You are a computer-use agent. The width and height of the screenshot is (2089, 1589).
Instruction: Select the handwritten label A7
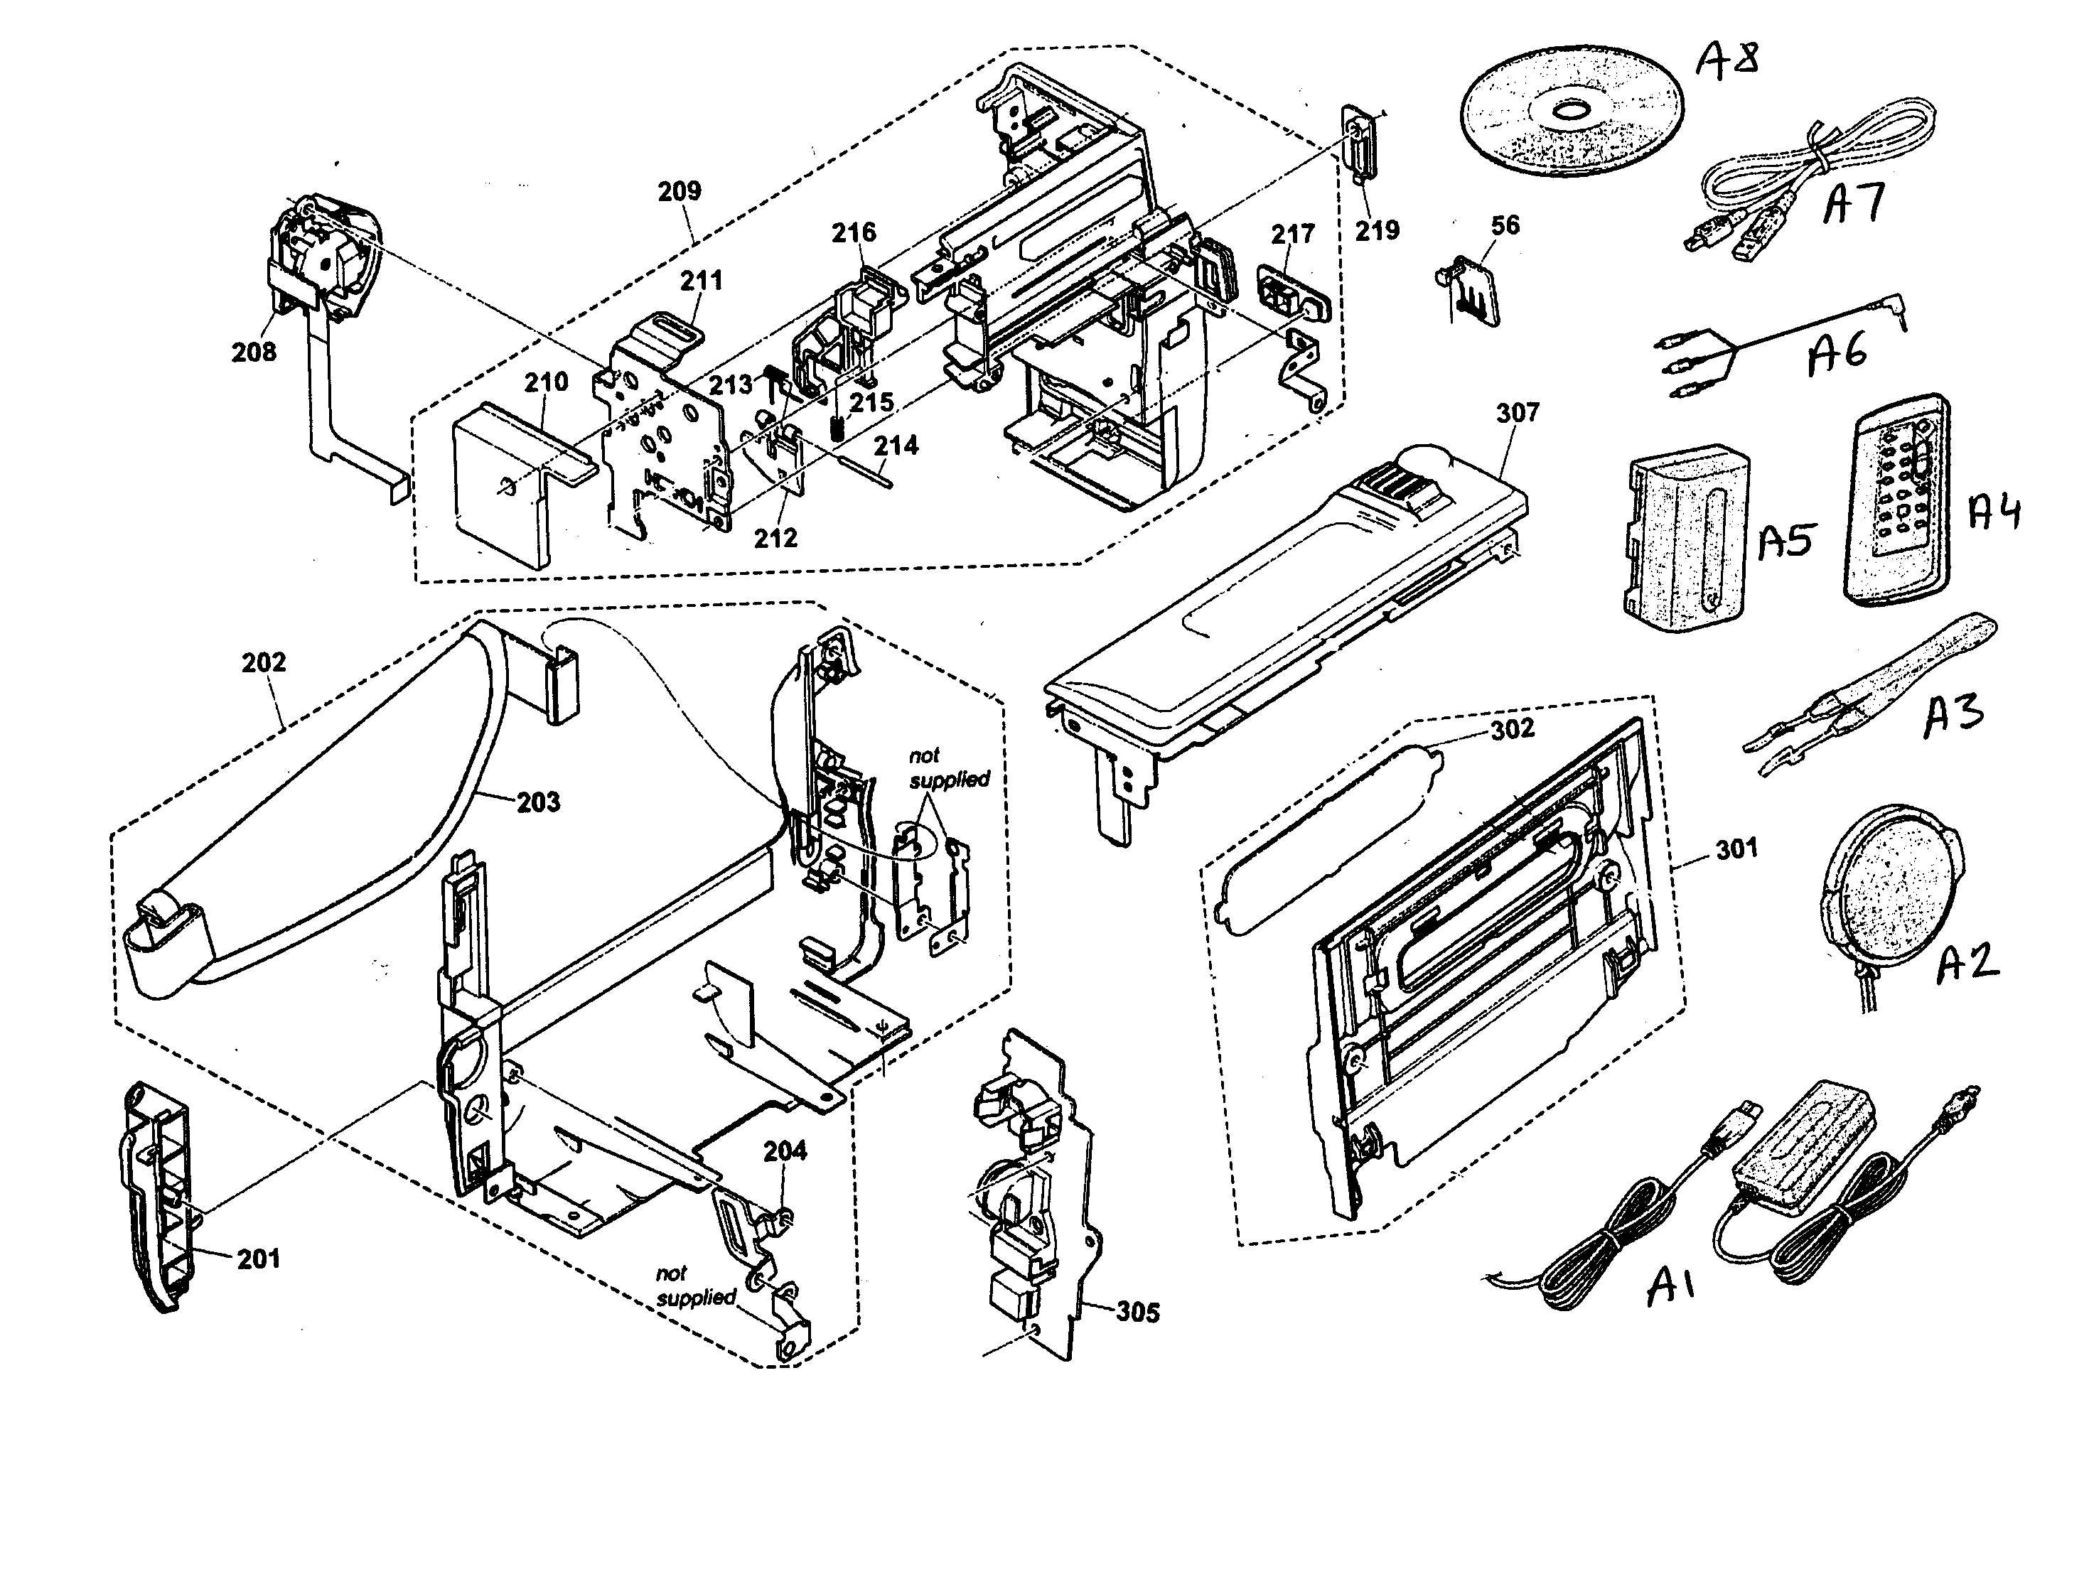[1854, 203]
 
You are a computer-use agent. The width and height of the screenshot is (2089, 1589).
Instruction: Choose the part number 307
[1518, 414]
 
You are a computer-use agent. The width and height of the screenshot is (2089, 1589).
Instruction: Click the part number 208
[254, 352]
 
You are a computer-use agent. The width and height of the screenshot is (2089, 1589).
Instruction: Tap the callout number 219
[1377, 230]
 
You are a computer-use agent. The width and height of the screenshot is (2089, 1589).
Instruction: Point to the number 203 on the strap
[537, 802]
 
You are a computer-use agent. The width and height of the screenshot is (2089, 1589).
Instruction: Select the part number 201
[258, 1259]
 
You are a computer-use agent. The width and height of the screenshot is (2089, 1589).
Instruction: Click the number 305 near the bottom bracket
[1137, 1313]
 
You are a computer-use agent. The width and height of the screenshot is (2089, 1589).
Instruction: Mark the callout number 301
[1736, 849]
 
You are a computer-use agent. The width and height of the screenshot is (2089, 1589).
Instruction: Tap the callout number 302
[1512, 729]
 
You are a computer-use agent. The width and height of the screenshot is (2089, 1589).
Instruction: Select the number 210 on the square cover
[546, 382]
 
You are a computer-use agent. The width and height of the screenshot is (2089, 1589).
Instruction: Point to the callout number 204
[785, 1151]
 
